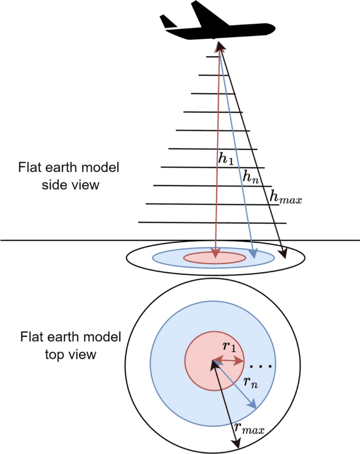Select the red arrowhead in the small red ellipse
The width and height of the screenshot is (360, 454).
(215, 255)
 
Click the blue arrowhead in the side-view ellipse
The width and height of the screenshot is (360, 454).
(254, 255)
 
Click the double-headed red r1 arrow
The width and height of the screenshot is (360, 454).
(228, 361)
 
